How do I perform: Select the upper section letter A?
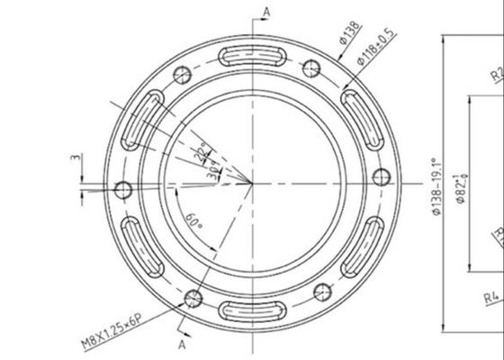[266, 10]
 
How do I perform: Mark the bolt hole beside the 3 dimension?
[125, 189]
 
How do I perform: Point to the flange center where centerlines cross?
[252, 183]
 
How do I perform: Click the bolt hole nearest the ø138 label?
[313, 68]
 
